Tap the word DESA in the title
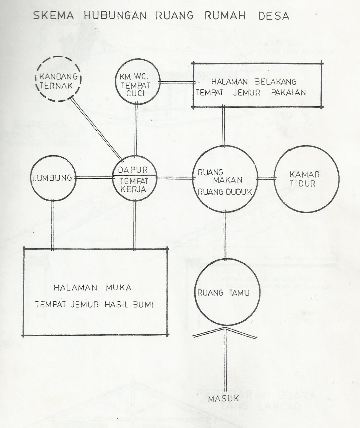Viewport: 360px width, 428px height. click(x=274, y=16)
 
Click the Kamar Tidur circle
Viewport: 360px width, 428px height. click(x=306, y=179)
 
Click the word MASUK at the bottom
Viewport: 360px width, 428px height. click(x=223, y=399)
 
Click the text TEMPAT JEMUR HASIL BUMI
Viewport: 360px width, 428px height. click(x=94, y=305)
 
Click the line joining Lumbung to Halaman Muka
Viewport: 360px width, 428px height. click(x=53, y=224)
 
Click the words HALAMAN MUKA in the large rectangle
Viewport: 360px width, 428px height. click(x=92, y=288)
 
